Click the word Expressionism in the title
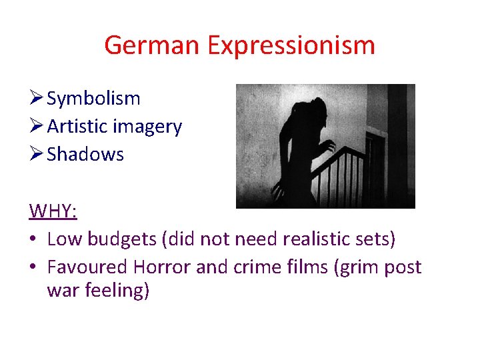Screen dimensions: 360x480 [291, 45]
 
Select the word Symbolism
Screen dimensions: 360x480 [93, 99]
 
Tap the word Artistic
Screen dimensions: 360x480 [77, 126]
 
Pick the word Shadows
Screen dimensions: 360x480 [85, 154]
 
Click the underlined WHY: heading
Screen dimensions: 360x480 [53, 211]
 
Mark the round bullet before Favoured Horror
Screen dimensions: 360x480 [33, 267]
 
